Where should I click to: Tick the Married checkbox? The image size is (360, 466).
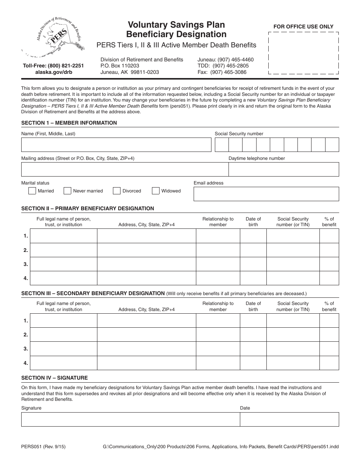click(x=32, y=191)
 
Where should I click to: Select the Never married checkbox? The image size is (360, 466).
click(x=67, y=191)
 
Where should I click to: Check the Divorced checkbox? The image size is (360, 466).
click(x=117, y=191)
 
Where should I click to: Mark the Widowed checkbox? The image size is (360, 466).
click(x=156, y=191)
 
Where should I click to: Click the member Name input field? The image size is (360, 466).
click(x=116, y=145)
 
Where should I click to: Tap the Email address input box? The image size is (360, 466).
click(x=266, y=194)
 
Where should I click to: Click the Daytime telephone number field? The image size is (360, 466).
click(x=283, y=169)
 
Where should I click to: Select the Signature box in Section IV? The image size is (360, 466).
click(x=130, y=419)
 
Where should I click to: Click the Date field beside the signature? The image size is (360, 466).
click(x=289, y=419)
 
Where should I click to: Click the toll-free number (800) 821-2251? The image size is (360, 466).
click(x=53, y=66)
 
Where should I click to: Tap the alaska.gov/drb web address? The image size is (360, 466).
click(x=53, y=72)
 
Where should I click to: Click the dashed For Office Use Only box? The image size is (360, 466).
click(x=303, y=53)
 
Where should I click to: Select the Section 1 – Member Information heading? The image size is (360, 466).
click(x=69, y=123)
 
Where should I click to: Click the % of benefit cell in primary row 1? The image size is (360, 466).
click(x=329, y=236)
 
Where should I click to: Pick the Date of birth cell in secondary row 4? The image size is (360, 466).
click(x=253, y=363)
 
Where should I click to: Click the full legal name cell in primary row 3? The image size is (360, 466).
click(x=63, y=264)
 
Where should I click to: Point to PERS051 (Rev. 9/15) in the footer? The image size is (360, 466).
click(x=43, y=447)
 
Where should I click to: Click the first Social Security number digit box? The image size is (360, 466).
click(x=222, y=145)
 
